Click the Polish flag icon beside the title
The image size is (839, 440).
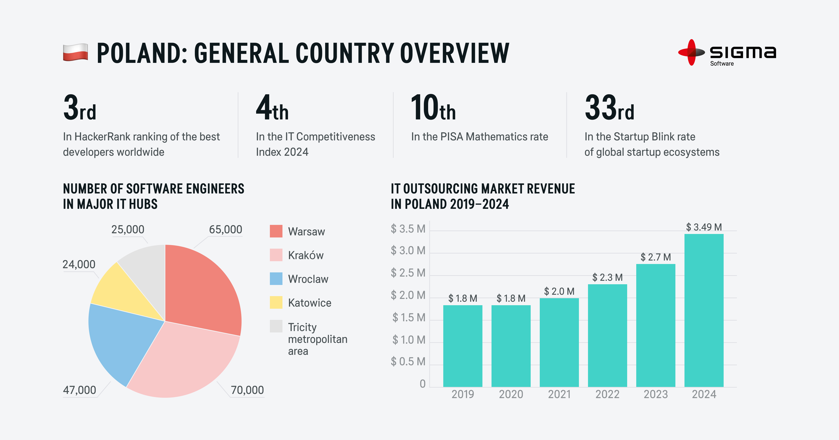click(x=75, y=52)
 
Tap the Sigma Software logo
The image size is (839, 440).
click(x=727, y=53)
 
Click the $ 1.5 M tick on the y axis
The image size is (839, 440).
click(x=409, y=317)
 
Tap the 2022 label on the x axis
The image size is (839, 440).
click(x=607, y=394)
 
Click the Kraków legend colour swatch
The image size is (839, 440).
click(x=276, y=255)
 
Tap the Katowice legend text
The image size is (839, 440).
click(x=309, y=303)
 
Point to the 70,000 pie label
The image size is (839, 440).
click(x=247, y=390)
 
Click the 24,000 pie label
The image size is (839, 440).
click(x=79, y=264)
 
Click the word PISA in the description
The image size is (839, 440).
click(x=452, y=137)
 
